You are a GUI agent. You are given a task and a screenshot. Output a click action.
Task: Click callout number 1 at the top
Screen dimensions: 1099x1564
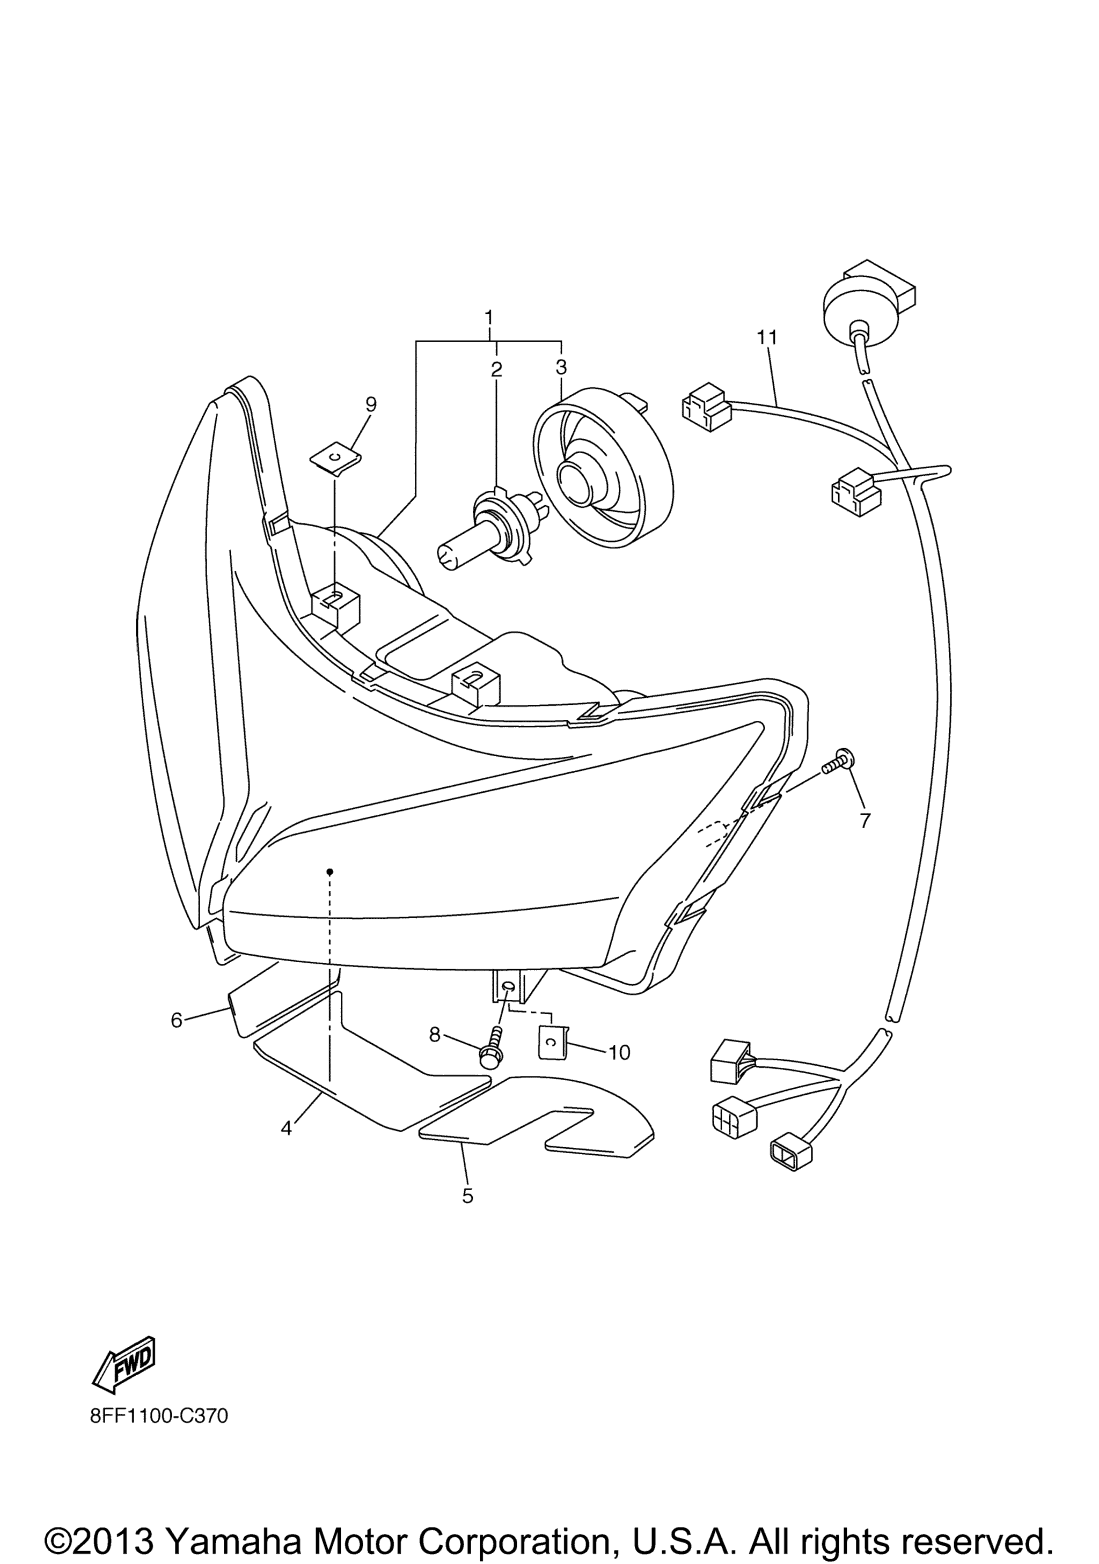pos(488,318)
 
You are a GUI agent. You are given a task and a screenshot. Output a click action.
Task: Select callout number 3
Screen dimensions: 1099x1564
pos(561,368)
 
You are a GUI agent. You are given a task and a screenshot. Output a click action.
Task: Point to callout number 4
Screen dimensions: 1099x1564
pos(286,1128)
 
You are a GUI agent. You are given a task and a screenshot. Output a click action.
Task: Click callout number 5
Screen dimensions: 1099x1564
pos(467,1196)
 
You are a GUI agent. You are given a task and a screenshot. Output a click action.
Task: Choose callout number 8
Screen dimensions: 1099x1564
pos(435,1054)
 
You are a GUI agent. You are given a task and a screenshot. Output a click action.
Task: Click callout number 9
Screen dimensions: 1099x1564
pos(371,404)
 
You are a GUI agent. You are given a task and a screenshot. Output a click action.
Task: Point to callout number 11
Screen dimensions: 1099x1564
pos(766,337)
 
